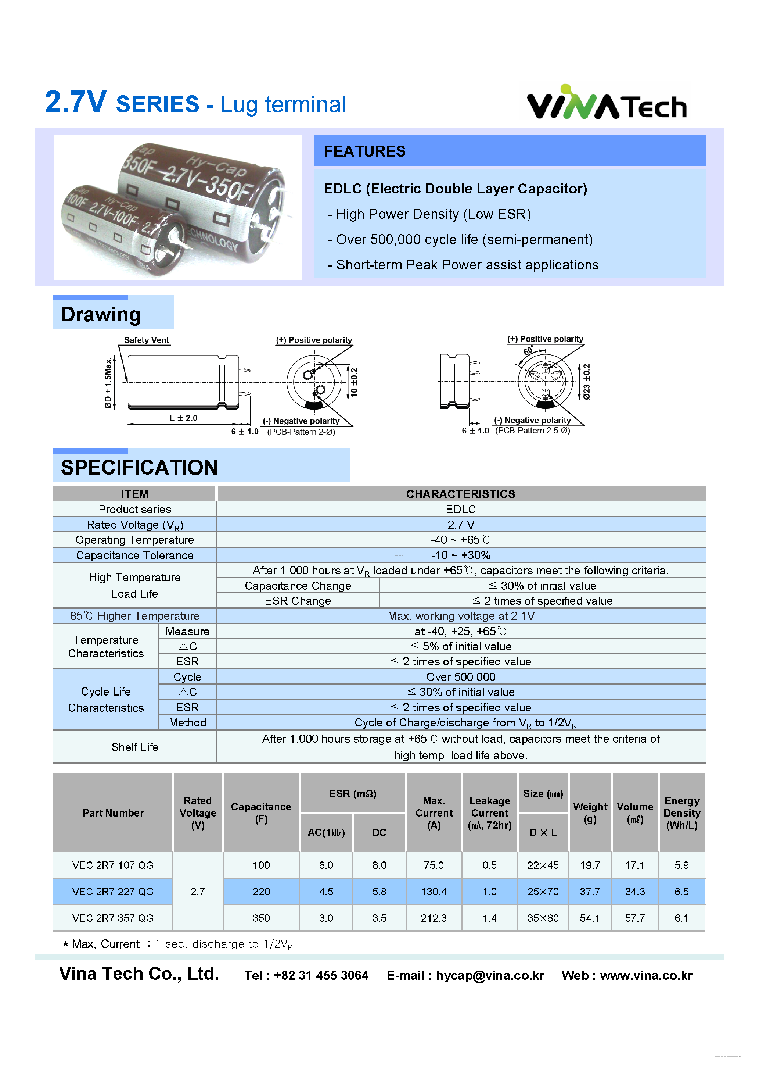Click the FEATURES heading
point(364,151)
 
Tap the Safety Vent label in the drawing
point(147,340)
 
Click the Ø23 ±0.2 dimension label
point(586,382)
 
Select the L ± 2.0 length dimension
point(183,418)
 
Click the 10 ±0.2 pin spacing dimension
point(354,382)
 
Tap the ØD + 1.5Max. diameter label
point(108,382)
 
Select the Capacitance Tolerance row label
point(135,555)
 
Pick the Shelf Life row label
point(135,747)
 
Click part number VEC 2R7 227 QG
point(113,892)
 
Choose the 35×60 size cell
point(543,918)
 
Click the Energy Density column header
point(682,813)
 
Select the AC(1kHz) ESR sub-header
point(326,832)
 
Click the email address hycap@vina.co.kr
point(490,975)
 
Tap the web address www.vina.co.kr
point(646,975)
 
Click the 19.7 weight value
point(590,865)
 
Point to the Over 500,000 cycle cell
point(460,677)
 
